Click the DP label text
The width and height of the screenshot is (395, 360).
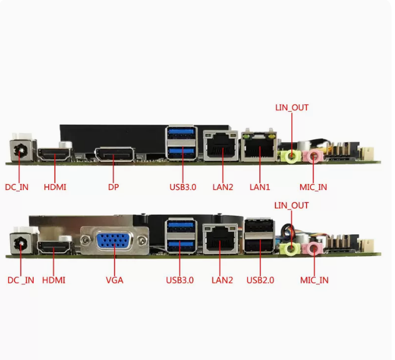pos(114,188)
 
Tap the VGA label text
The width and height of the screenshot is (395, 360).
pos(114,280)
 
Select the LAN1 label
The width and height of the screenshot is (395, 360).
pos(260,188)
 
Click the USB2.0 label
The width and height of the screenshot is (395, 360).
pos(260,280)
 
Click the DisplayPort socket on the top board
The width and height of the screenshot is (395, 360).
pos(114,155)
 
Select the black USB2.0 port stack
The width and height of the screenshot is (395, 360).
pos(259,236)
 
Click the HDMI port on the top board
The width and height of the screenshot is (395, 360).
pos(54,156)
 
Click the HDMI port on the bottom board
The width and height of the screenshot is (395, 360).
pos(54,249)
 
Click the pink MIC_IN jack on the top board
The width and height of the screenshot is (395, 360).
pos(314,156)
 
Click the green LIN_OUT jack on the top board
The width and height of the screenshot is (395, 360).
pos(289,156)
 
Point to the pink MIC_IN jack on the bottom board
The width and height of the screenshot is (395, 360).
pos(315,249)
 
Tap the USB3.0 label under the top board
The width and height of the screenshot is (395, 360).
pos(183,188)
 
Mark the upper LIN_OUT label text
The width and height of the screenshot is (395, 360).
pos(291,108)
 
